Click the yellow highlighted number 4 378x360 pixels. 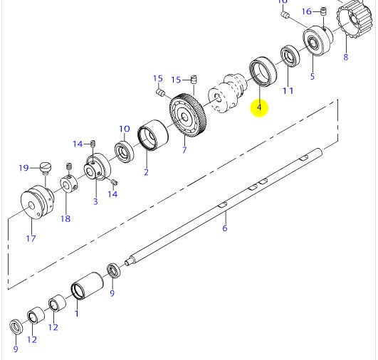click(x=259, y=107)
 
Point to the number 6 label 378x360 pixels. click(x=224, y=228)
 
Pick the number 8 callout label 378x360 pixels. click(x=346, y=56)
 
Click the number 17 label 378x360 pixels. click(x=31, y=238)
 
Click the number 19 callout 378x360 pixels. click(x=23, y=168)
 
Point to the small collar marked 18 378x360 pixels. click(x=69, y=187)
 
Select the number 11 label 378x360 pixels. click(x=288, y=90)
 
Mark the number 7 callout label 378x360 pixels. click(x=184, y=150)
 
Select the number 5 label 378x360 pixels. click(x=311, y=75)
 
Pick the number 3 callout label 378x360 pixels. click(x=95, y=201)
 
